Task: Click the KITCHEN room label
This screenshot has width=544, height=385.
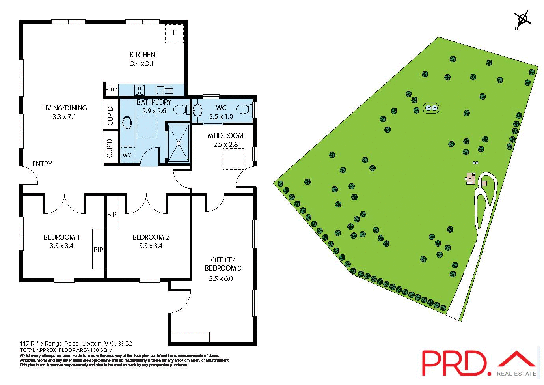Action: tap(142, 55)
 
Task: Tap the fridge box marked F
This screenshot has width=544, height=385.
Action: tap(174, 33)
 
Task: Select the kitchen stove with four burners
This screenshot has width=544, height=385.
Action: tap(139, 90)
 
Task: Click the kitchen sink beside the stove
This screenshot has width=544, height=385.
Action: tap(164, 90)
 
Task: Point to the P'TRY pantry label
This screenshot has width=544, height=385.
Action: tap(112, 90)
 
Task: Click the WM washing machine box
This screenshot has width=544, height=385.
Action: tap(127, 155)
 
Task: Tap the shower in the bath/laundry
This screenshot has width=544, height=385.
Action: tap(179, 143)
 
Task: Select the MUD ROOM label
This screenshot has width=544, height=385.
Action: tap(225, 136)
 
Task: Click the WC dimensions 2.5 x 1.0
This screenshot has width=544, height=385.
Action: tap(221, 117)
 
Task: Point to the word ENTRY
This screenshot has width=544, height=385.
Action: tap(42, 164)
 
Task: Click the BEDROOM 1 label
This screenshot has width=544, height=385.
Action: tap(61, 237)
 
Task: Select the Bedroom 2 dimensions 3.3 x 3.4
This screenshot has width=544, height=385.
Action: tap(151, 246)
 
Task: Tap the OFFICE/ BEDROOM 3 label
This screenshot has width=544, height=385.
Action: tap(223, 264)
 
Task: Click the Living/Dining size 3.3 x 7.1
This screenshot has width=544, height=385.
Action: tap(64, 117)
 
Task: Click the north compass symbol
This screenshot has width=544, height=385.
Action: tap(522, 19)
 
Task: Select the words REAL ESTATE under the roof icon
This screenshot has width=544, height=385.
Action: tap(516, 374)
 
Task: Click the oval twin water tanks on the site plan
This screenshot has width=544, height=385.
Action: tap(431, 108)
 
